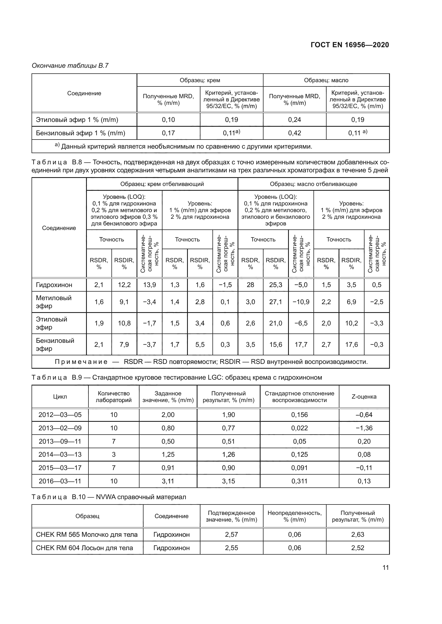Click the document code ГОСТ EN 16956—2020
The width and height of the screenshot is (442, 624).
pos(350,45)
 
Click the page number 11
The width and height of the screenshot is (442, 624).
pos(385,567)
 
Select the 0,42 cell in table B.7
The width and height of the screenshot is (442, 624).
pos(294,133)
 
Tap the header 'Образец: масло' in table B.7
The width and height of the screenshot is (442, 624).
pos(326,81)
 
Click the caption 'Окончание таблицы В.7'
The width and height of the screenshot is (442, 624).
pos(70,66)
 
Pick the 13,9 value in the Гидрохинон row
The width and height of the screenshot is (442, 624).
pos(149,285)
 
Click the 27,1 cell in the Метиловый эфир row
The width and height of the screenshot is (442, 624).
pos(276,302)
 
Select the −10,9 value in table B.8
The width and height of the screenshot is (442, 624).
pos(301,302)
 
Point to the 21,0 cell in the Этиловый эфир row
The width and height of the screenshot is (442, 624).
pos(276,323)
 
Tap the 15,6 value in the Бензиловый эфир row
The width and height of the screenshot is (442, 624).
pos(276,345)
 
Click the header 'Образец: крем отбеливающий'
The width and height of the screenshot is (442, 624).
pos(162,184)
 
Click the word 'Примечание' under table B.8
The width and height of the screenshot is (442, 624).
pos(81,362)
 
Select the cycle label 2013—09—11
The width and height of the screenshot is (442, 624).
pos(60,441)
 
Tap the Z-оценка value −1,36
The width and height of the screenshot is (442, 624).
pos(364,428)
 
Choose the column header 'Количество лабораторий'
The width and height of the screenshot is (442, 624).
pos(114,396)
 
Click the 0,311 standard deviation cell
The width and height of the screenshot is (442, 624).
pos(299,481)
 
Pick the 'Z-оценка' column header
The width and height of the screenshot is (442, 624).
pos(364,396)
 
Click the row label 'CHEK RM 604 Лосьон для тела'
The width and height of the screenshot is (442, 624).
pos(84,548)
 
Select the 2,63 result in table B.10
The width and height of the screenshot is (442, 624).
pos(358,535)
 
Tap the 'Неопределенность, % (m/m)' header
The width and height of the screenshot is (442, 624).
pos(294,516)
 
